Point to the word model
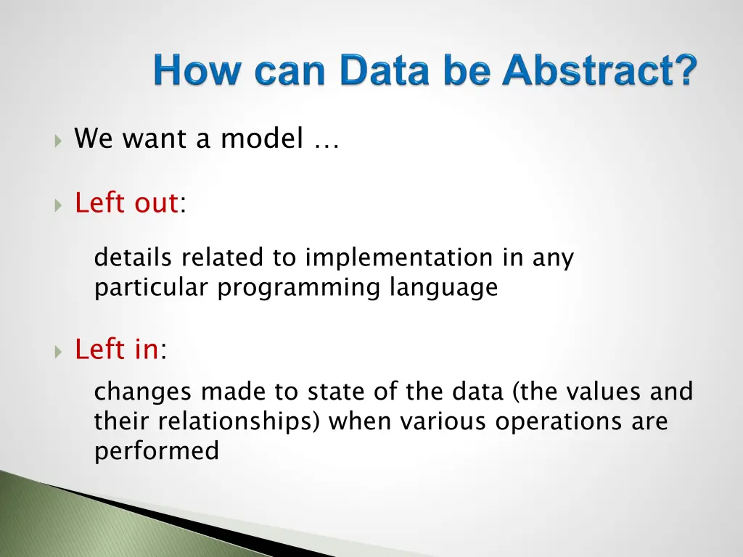tap(262, 139)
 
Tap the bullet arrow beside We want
tap(58, 141)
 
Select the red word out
tap(156, 203)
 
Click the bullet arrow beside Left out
tap(58, 205)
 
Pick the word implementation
tap(399, 258)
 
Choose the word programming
tap(298, 288)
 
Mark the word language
tap(443, 288)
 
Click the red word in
tap(147, 349)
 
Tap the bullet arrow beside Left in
tap(58, 352)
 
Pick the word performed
tap(157, 451)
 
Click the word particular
tap(151, 288)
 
